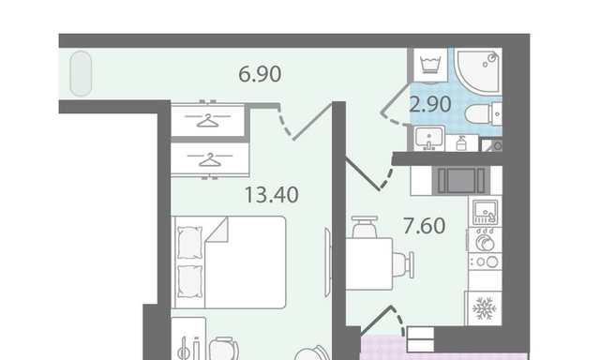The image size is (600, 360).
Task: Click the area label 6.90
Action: pyautogui.click(x=260, y=74)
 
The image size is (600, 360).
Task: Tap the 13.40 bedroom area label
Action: pyautogui.click(x=271, y=194)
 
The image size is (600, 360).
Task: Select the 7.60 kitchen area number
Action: pyautogui.click(x=425, y=225)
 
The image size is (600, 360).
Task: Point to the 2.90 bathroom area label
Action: pyautogui.click(x=430, y=104)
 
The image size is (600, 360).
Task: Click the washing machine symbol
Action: pyautogui.click(x=430, y=65)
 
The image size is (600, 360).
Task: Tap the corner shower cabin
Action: pyautogui.click(x=479, y=70)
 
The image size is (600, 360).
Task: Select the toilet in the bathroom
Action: pyautogui.click(x=484, y=114)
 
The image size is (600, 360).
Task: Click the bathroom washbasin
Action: pyautogui.click(x=429, y=138)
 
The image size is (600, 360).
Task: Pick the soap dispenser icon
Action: pyautogui.click(x=461, y=143)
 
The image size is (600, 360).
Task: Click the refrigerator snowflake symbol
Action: pyautogui.click(x=484, y=308)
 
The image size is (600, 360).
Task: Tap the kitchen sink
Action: pyautogui.click(x=486, y=212)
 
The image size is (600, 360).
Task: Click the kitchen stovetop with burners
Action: pyautogui.click(x=486, y=262)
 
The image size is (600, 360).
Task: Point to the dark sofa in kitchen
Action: pyautogui.click(x=461, y=181)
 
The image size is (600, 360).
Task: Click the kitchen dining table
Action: pyautogui.click(x=369, y=263)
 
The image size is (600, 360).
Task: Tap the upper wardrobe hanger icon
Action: pyautogui.click(x=208, y=121)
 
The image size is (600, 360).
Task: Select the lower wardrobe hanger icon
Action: pyautogui.click(x=210, y=159)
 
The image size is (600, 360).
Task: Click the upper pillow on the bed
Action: pyautogui.click(x=189, y=243)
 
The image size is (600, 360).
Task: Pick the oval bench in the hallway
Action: pyautogui.click(x=82, y=73)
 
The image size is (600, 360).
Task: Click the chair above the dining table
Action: pyautogui.click(x=365, y=227)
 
